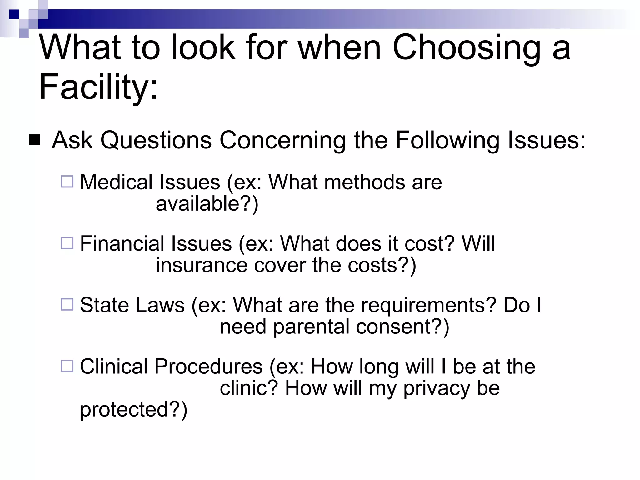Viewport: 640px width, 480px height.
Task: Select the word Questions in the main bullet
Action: click(x=156, y=141)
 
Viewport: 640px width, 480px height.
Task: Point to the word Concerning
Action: click(x=282, y=141)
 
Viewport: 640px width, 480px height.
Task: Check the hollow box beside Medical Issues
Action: click(x=67, y=182)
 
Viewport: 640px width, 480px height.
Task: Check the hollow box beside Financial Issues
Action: click(x=67, y=243)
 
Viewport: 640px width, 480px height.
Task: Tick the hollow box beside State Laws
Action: click(x=67, y=304)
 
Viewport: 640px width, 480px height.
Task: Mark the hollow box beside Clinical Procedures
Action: click(x=67, y=366)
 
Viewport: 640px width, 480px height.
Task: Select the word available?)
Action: click(x=207, y=204)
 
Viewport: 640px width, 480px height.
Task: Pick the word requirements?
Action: click(x=428, y=305)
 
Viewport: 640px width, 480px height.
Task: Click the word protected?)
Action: click(x=134, y=410)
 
